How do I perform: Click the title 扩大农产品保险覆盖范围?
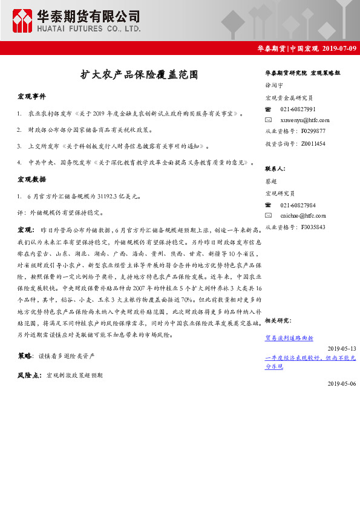click(x=139, y=75)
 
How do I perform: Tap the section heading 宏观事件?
click(x=31, y=97)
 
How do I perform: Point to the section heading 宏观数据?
click(x=31, y=180)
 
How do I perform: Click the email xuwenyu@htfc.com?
click(x=305, y=120)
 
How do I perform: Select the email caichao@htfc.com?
click(x=303, y=215)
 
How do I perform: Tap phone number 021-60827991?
click(x=298, y=109)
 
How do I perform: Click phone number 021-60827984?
click(x=298, y=205)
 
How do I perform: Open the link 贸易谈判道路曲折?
click(x=289, y=338)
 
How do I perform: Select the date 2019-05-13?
click(x=342, y=348)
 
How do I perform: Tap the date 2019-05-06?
click(x=342, y=383)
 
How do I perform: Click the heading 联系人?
click(x=275, y=169)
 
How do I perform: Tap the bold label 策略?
click(x=25, y=356)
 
